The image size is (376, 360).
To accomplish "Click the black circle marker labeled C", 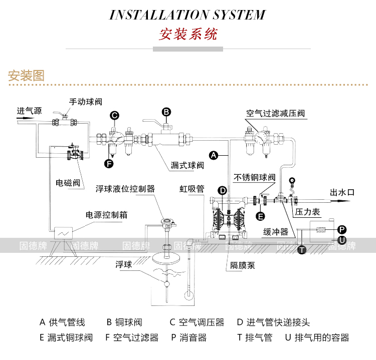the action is pos(115,116).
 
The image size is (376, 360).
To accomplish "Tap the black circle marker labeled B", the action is pos(166,112).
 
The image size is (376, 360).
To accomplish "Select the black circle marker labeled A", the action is pos(214,155).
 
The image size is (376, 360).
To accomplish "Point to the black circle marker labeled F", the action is pos(109,164).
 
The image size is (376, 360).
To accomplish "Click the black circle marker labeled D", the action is pos(223,191).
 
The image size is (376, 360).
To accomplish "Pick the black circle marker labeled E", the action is pos(260,216).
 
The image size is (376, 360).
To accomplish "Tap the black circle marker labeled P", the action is pos(342,230).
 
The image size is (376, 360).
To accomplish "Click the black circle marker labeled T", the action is pos(302,250).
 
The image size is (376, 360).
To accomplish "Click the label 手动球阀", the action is pos(86,102).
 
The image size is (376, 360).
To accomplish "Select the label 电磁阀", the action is pos(68,183).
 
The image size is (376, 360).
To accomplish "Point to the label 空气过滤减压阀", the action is pos(276,113).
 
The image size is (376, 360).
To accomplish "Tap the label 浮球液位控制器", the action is pos(125,189).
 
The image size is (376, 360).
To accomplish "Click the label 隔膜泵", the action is pos(243,265).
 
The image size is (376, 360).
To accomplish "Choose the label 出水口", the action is pos(342,192).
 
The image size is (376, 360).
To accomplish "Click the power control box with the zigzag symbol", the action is pos(64,233).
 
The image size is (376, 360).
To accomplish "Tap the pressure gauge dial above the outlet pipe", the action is pos(292,180).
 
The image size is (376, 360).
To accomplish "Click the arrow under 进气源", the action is pos(26,118).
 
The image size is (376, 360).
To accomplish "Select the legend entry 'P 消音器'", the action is pos(189,337).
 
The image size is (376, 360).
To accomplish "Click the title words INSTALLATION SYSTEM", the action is pos(187,15).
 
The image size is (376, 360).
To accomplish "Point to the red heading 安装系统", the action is pos(188,34).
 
